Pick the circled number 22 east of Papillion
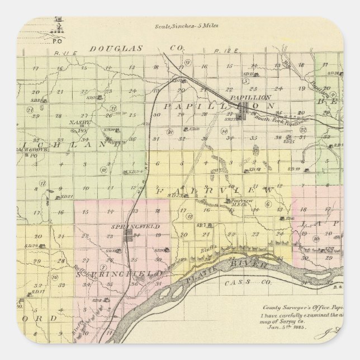pos(302,129)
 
